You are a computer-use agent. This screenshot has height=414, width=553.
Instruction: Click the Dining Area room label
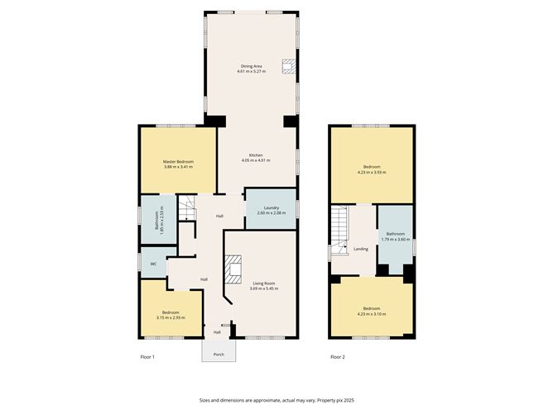pos(252,66)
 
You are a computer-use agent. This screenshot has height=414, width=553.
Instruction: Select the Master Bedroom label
pos(178,162)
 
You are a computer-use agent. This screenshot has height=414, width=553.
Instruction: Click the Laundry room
pos(271,209)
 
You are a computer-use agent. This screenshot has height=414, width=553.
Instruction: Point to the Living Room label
pos(265,283)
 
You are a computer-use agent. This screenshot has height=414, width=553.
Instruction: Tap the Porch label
pos(219,354)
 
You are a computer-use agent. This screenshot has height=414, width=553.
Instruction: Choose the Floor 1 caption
pos(147,357)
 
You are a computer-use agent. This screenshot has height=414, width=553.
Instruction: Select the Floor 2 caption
pos(338,357)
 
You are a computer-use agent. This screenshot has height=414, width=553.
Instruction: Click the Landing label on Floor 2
pos(360,249)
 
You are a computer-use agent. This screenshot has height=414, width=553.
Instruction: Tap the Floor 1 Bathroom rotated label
pos(157,220)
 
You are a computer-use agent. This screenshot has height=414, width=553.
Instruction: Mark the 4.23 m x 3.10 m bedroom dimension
pos(372,313)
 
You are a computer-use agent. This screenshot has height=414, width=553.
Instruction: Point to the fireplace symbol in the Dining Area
pos(287,67)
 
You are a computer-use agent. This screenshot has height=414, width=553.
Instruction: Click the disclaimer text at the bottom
pos(276,399)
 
